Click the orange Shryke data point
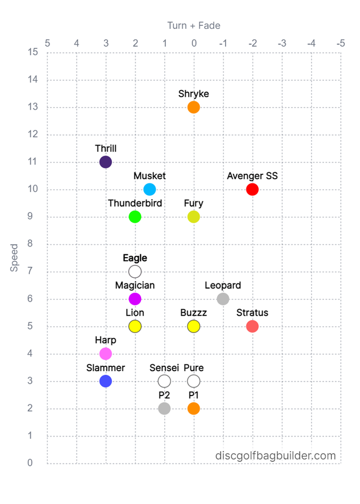(x=193, y=107)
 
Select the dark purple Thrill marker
(x=106, y=162)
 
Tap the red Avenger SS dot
(x=253, y=189)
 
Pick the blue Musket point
(x=150, y=189)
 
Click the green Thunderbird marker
(x=135, y=217)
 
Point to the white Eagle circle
(x=135, y=272)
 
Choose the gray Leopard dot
(x=223, y=299)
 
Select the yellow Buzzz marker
(x=193, y=326)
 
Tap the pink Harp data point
(x=106, y=354)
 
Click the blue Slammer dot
(x=106, y=381)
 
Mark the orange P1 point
(x=193, y=408)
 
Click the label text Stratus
(x=253, y=313)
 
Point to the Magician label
(x=135, y=285)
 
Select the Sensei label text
(x=164, y=368)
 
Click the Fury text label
(x=193, y=203)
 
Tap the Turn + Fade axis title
(x=193, y=25)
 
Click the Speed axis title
(x=15, y=258)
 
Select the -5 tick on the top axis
(x=340, y=43)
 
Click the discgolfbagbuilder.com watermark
(x=276, y=455)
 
